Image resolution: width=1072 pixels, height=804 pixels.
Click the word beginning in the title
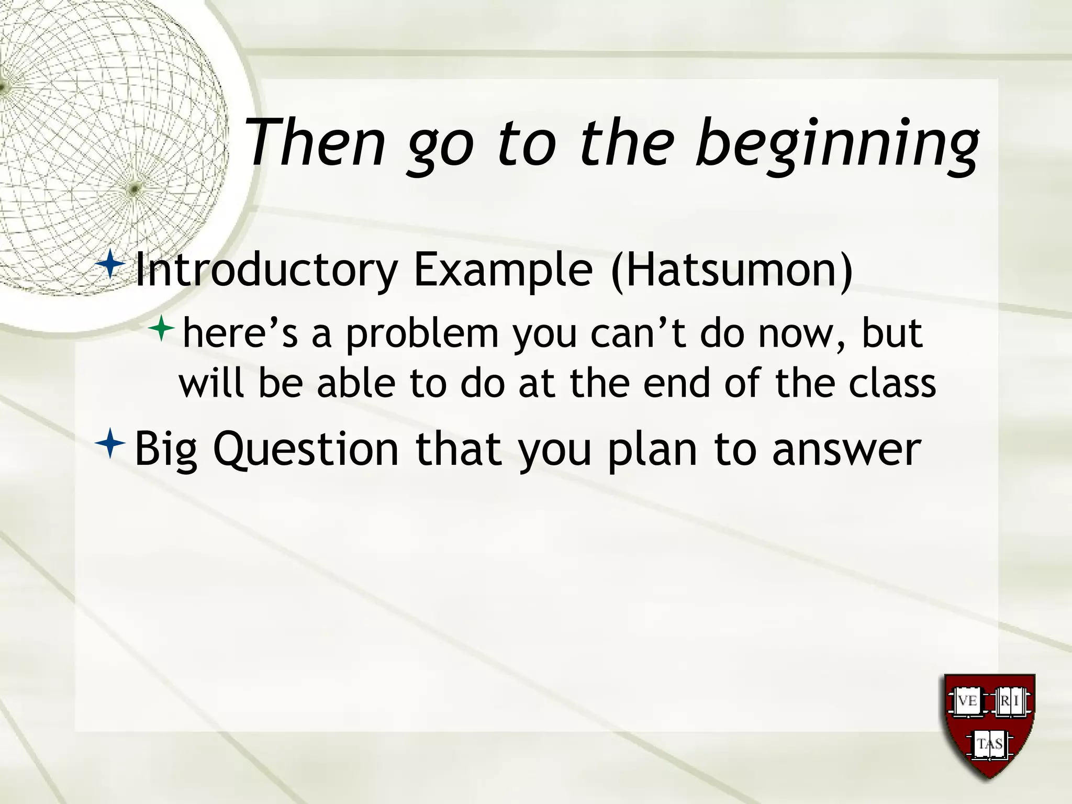click(836, 144)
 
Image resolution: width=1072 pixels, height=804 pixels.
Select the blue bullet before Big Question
click(110, 443)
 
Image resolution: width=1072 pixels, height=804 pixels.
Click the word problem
click(422, 335)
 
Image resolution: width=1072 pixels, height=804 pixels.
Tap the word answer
click(846, 450)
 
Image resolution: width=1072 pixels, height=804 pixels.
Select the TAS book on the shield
click(989, 744)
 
